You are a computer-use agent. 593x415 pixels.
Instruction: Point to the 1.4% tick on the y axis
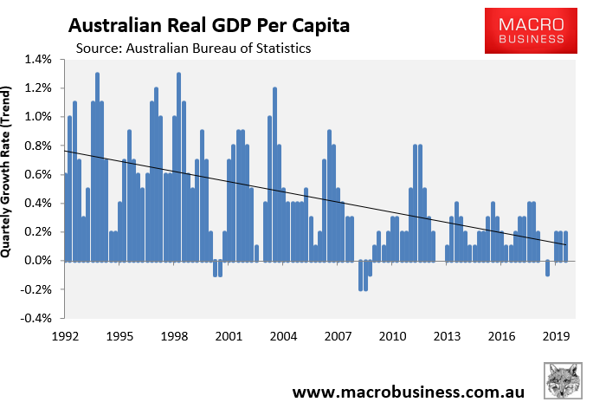(40, 59)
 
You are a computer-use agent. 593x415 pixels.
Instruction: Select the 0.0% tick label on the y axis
(40, 261)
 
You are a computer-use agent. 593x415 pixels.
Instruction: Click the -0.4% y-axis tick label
(38, 318)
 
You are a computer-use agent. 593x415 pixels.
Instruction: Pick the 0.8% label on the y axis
(40, 146)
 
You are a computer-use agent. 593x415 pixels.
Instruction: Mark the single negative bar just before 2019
(547, 268)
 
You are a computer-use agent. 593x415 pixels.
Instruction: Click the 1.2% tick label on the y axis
(40, 88)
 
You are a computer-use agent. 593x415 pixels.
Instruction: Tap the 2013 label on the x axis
(447, 336)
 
